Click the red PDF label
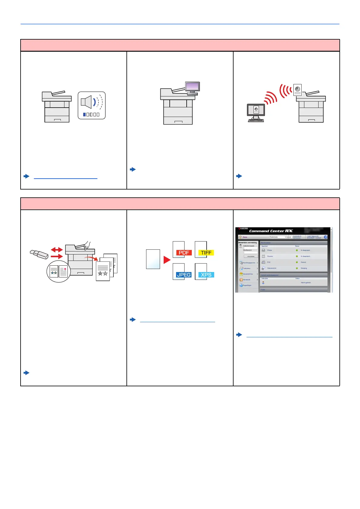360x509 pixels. (184, 253)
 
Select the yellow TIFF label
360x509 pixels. (206, 253)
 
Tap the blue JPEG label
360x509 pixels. (184, 275)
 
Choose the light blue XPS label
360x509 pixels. (206, 275)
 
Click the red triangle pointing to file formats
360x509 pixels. (167, 260)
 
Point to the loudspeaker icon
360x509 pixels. (87, 102)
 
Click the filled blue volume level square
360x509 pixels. (84, 115)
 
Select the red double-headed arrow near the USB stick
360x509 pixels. (57, 250)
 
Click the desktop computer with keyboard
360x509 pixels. (256, 113)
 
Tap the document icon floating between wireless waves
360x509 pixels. (297, 90)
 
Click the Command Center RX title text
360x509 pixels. (271, 231)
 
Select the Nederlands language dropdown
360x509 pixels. (278, 237)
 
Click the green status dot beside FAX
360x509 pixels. (297, 262)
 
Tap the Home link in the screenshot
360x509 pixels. (245, 237)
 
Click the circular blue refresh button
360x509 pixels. (326, 237)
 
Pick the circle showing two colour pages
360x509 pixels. (59, 271)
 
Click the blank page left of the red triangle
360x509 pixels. (153, 259)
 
